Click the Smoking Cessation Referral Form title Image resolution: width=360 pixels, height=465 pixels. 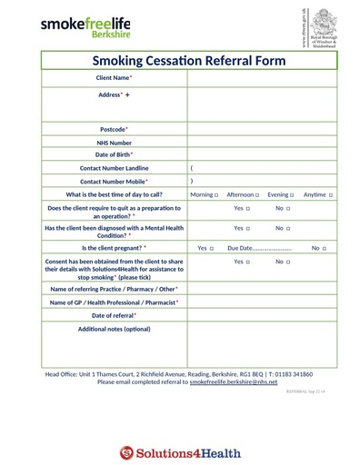[189, 61]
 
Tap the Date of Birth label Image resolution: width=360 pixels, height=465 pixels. [114, 155]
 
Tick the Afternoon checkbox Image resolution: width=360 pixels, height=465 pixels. [258, 195]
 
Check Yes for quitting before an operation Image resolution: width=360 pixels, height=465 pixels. [248, 209]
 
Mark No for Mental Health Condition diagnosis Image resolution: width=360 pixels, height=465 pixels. [289, 229]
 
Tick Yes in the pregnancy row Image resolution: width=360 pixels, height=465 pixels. [212, 248]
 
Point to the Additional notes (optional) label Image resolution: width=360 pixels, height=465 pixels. [114, 329]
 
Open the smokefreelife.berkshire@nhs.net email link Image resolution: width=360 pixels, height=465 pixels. [233, 382]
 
